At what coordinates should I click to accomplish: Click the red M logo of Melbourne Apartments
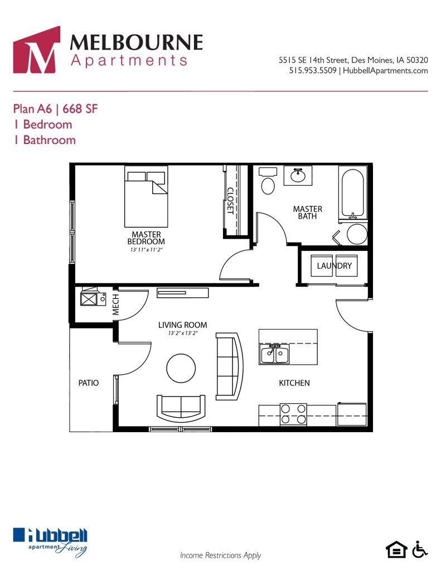pos(36,50)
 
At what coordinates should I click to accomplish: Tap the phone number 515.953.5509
pos(313,71)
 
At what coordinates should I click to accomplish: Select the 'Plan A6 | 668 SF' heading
pos(55,109)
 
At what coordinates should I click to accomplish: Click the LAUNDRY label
pos(334,266)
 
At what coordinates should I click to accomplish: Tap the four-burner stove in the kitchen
pos(293,414)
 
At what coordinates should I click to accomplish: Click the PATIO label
pos(88,383)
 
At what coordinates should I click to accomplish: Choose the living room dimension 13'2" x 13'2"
pos(182,333)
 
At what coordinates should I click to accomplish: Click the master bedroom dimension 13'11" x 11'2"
pos(146,250)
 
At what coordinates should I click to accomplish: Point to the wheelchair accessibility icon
pos(420,549)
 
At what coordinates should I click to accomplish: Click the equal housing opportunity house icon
pos(397,550)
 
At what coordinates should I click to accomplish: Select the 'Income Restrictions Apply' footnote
pos(220,555)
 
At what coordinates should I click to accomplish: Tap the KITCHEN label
pos(294,383)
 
